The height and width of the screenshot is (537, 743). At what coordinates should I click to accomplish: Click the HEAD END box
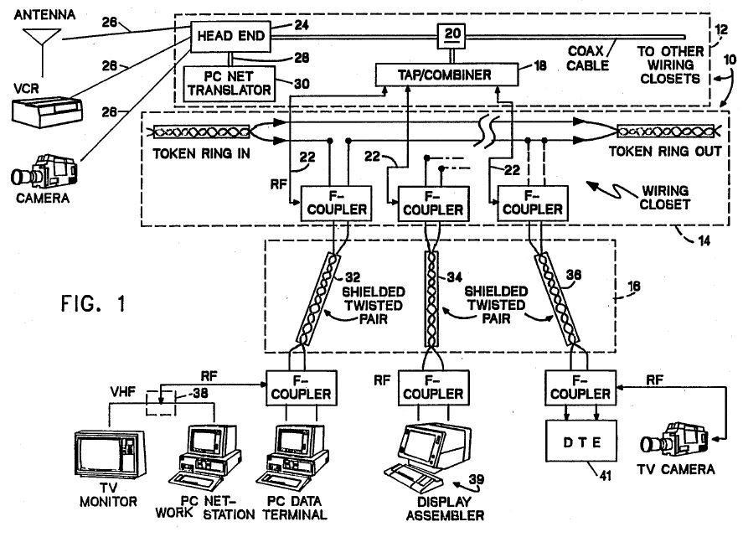click(229, 35)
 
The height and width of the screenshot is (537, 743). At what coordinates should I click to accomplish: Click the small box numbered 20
click(453, 34)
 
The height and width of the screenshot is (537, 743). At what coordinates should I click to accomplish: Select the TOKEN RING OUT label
click(667, 154)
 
